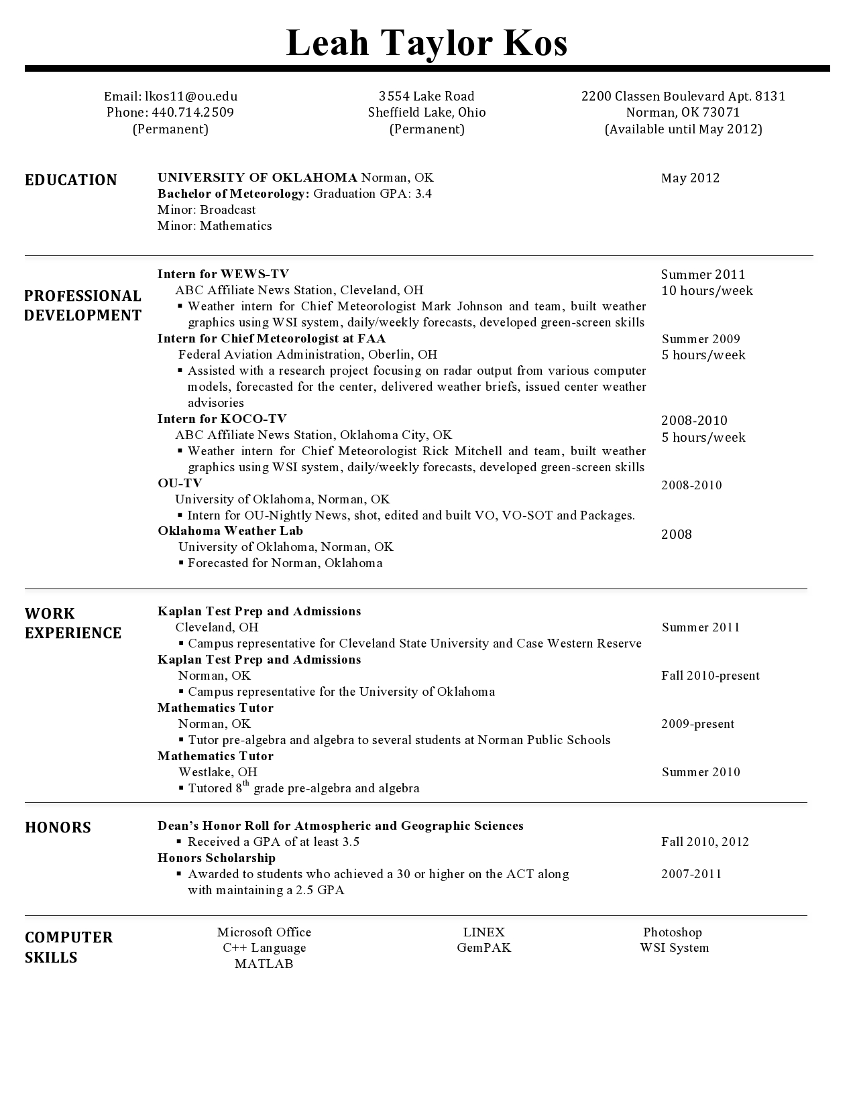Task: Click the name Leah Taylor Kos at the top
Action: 426,43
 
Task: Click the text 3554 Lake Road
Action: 426,97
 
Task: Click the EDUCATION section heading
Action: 71,180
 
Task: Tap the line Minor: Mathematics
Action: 215,226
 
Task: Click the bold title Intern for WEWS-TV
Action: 223,274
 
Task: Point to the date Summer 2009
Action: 701,339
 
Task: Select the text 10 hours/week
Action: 707,291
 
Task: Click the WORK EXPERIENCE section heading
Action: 73,623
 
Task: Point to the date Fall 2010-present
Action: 710,676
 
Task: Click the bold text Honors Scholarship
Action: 217,858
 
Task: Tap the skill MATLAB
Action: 264,964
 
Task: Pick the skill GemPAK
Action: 484,948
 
